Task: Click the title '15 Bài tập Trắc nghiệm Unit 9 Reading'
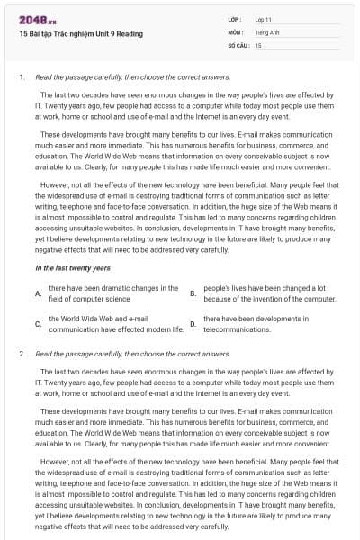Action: tap(80, 34)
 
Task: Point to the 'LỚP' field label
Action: tap(236, 18)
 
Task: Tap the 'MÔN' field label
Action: tap(236, 31)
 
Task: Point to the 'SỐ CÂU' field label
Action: tap(238, 43)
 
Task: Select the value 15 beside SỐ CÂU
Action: tap(258, 43)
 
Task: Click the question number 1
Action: tap(21, 78)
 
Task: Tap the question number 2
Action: tap(21, 354)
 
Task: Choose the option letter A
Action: tap(38, 293)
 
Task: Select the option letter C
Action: tap(38, 324)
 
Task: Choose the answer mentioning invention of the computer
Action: tap(269, 293)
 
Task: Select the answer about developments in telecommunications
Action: tap(256, 324)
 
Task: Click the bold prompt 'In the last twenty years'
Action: tap(72, 268)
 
